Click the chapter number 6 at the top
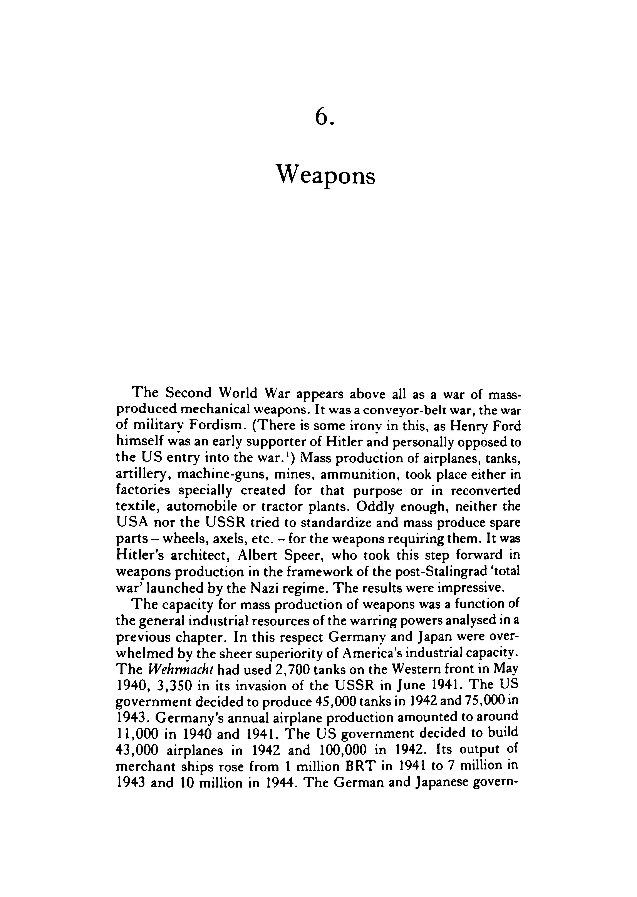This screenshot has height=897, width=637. (322, 117)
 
